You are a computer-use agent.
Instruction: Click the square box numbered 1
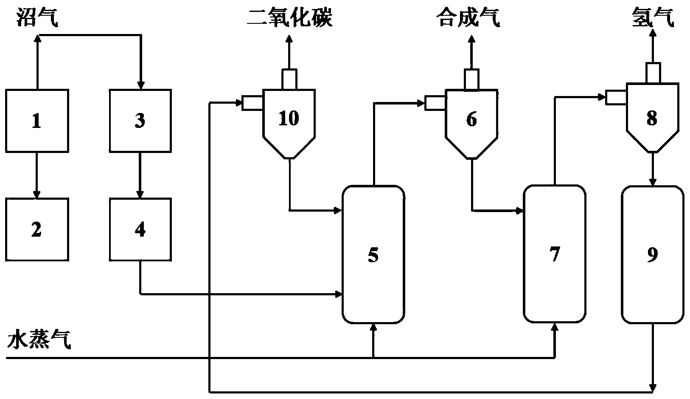point(37,121)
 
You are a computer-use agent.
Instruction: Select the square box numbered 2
point(37,229)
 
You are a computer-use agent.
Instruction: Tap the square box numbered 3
point(140,121)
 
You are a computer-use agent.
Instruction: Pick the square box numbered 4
point(140,229)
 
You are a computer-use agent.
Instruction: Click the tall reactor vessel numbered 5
point(373,255)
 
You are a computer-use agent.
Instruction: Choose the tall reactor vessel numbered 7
point(555,254)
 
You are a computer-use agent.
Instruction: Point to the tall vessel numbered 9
point(653,254)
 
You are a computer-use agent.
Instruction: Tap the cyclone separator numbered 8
point(652,119)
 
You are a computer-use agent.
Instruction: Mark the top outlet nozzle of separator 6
point(471,79)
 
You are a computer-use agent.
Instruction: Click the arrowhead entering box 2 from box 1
point(37,195)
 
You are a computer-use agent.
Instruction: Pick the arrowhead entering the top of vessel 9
point(653,182)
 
